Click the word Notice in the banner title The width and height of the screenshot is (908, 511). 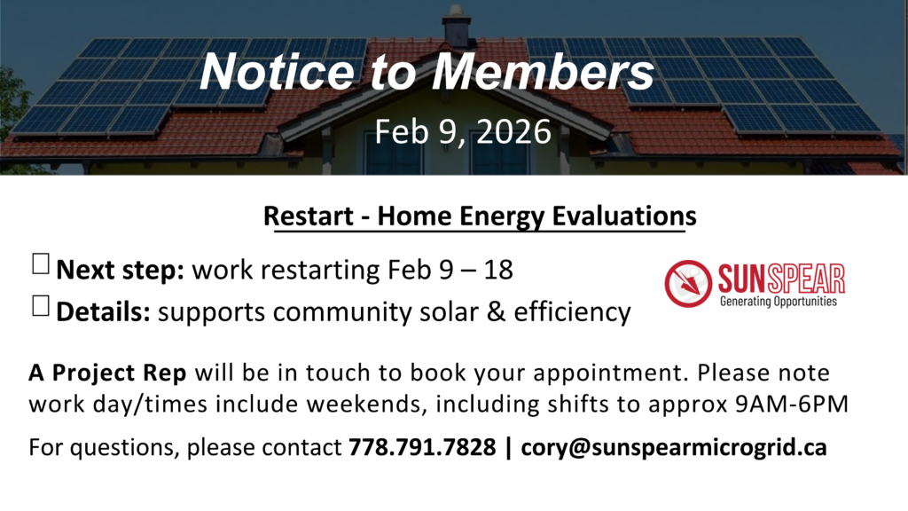(x=277, y=72)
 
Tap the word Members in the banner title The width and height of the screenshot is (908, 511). (x=543, y=72)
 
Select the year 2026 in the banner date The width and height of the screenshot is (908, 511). (x=513, y=131)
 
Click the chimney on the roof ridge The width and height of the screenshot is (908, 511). (x=457, y=26)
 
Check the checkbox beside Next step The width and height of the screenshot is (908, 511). (x=41, y=263)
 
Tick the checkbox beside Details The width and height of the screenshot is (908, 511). (x=41, y=306)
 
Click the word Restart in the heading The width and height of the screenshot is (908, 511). (x=308, y=216)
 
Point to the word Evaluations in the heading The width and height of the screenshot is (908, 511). (x=623, y=216)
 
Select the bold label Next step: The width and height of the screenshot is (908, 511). (x=120, y=271)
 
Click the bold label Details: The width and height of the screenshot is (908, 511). (x=103, y=311)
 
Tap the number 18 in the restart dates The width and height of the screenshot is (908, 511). (x=498, y=270)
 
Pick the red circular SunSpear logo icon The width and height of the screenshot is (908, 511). (x=688, y=283)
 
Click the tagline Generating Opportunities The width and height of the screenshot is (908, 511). (x=779, y=302)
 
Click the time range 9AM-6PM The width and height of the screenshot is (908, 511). (x=792, y=404)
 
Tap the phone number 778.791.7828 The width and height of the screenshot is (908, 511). (x=422, y=447)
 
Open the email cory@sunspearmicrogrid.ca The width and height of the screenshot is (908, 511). (x=674, y=448)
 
